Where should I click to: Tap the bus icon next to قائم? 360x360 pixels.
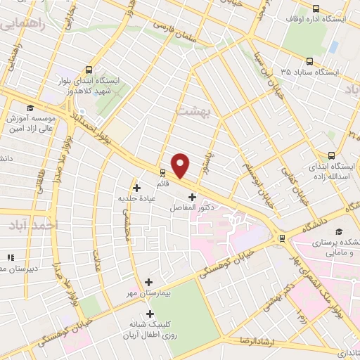pos(162,172)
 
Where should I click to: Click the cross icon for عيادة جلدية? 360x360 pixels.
pos(136,188)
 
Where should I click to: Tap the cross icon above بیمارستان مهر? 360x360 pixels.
pos(149,281)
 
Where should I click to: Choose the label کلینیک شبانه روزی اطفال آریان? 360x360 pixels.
pos(149,330)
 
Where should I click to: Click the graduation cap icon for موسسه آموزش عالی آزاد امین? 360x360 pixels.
pos(30,108)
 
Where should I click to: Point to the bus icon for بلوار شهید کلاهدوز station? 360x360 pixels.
pos(89,70)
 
